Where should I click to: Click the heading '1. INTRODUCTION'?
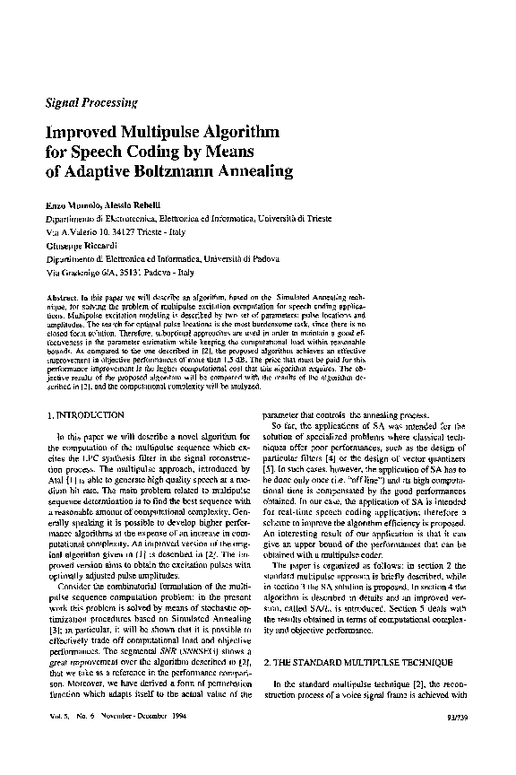click(85, 415)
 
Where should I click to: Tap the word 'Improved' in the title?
click(83, 131)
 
